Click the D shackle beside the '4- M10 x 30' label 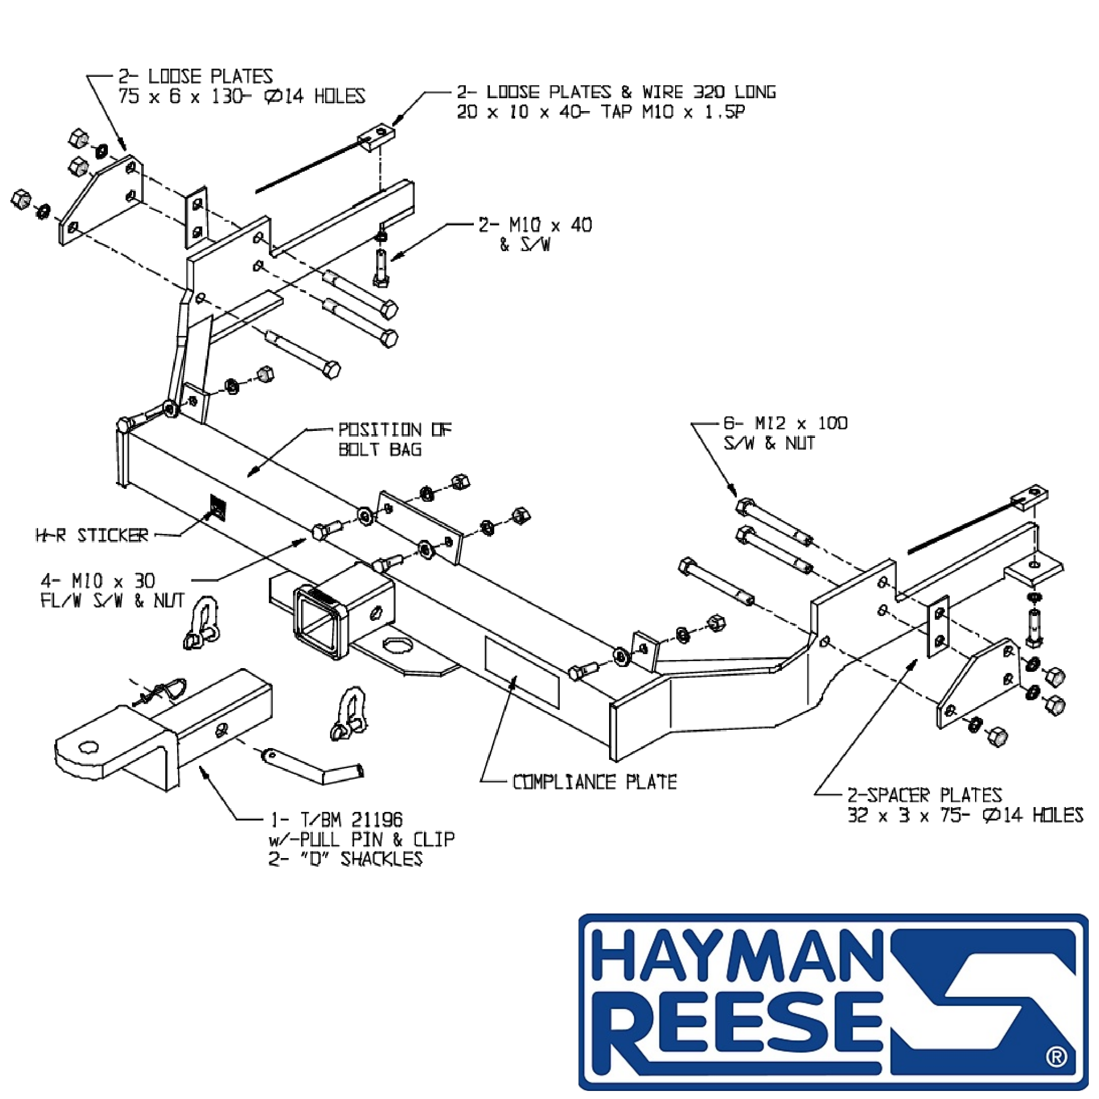pyautogui.click(x=201, y=622)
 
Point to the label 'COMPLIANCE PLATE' pyautogui.click(x=595, y=782)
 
